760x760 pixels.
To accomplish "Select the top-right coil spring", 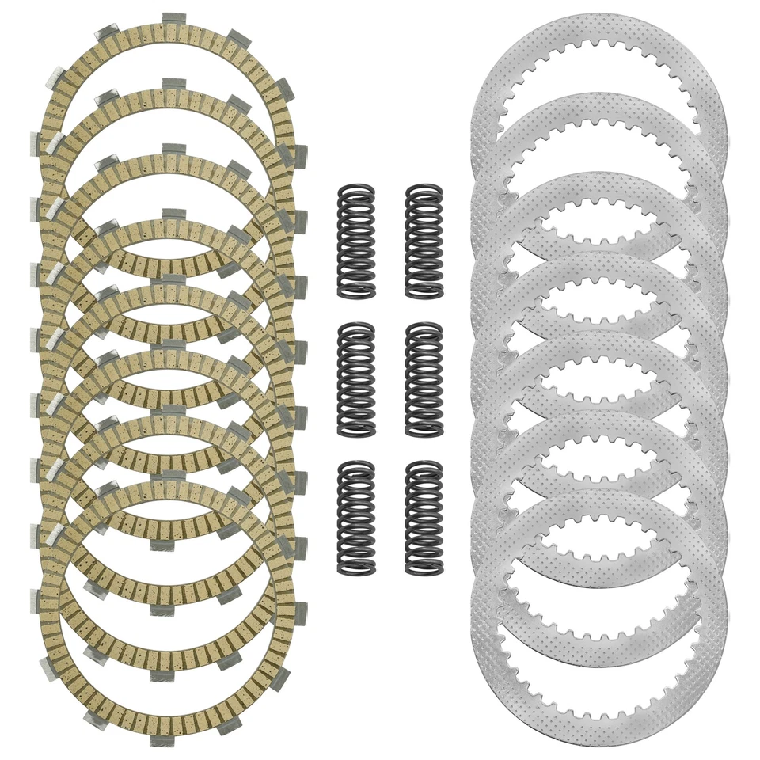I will [424, 241].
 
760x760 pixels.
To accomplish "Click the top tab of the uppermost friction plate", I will [173, 19].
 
